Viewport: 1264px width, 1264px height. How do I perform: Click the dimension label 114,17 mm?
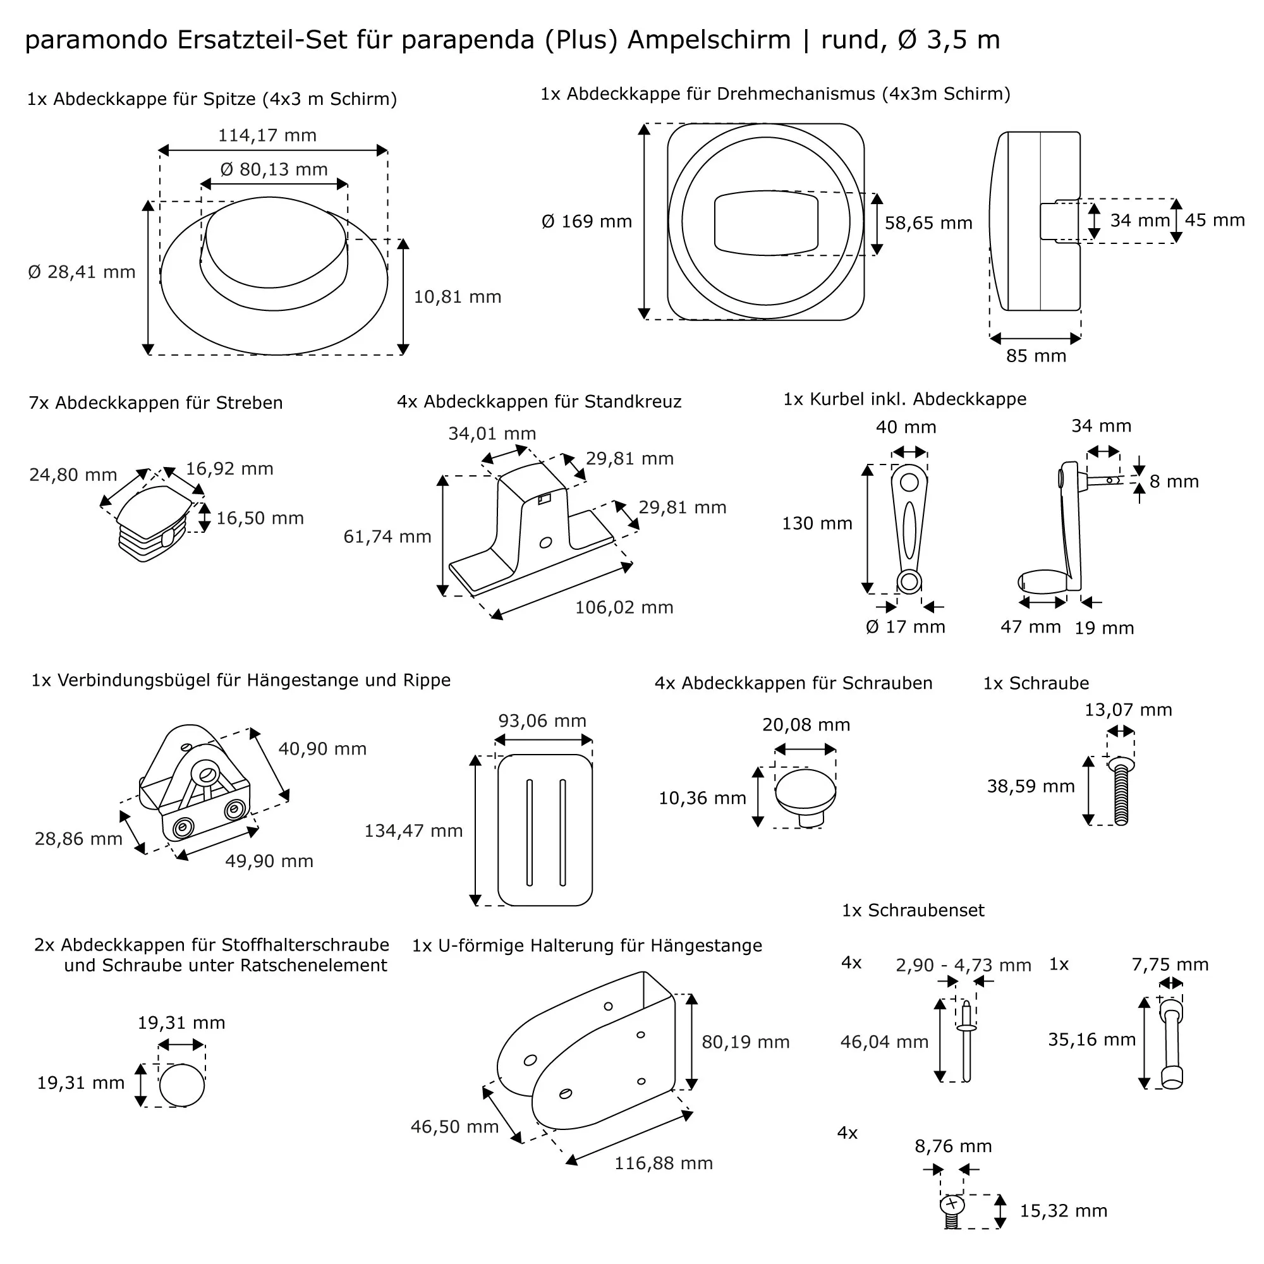(x=267, y=135)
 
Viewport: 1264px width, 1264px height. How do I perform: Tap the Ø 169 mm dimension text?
(x=587, y=222)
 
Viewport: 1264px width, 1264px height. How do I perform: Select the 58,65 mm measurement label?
(x=928, y=223)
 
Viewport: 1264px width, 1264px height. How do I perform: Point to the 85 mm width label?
(x=1036, y=356)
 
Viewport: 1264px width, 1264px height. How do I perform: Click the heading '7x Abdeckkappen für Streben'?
(x=155, y=403)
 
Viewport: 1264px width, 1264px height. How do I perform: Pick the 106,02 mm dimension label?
(x=624, y=607)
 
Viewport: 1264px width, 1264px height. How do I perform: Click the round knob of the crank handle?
(x=1043, y=581)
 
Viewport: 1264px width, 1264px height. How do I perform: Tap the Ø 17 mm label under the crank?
(x=906, y=627)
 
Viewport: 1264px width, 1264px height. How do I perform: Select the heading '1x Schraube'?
(x=1036, y=683)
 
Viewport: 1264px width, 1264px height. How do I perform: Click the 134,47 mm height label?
(x=413, y=831)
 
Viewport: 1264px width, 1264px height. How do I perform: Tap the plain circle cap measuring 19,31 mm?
(x=181, y=1085)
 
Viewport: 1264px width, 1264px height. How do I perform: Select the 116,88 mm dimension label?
(x=664, y=1164)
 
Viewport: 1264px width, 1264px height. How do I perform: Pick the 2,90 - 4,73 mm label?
(x=963, y=965)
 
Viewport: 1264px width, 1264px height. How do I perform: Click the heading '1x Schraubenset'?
(x=913, y=910)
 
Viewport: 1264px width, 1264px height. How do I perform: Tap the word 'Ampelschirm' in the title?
(x=709, y=40)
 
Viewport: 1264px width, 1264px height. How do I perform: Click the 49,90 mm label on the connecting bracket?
(x=269, y=861)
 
